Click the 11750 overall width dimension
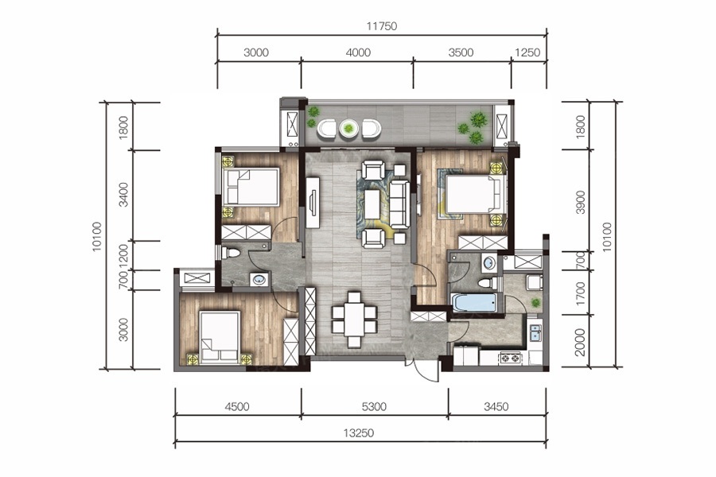click(382, 26)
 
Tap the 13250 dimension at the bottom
click(359, 432)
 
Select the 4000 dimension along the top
click(358, 52)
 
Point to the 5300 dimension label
click(374, 406)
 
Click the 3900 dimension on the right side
click(581, 202)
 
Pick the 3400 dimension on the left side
click(123, 195)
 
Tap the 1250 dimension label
click(527, 52)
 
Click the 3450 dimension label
click(496, 406)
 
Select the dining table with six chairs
click(354, 320)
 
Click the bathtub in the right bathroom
click(473, 303)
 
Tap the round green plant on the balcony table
click(349, 129)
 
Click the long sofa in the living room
click(399, 204)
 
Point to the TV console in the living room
click(313, 202)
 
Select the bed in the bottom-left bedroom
click(220, 338)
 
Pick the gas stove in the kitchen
click(511, 358)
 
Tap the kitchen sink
click(535, 333)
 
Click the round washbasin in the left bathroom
click(259, 279)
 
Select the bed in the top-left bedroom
click(251, 187)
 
